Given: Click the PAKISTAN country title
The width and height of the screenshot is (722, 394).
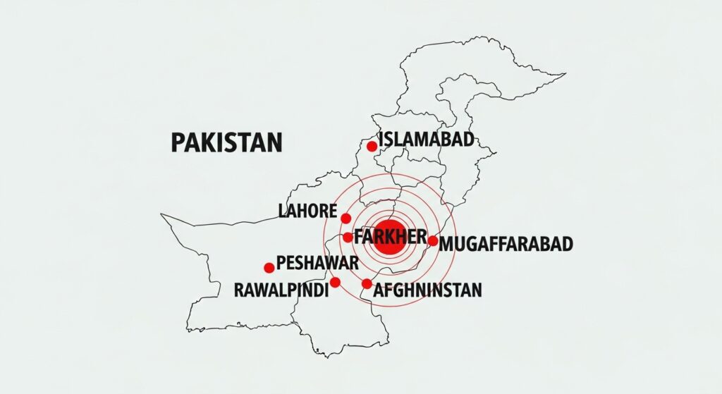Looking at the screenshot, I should [226, 142].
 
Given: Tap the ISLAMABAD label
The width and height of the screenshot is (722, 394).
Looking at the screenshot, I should [426, 140].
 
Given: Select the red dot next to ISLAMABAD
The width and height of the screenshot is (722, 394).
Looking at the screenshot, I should [372, 146].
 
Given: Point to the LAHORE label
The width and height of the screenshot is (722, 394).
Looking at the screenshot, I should [308, 211].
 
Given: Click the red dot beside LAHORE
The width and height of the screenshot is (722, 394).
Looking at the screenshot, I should [345, 218].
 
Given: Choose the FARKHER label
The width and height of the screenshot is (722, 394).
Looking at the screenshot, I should [391, 236].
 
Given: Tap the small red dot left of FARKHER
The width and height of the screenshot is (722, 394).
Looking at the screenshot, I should [348, 237].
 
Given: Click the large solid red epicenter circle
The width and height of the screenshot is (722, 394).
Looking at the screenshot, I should [388, 241].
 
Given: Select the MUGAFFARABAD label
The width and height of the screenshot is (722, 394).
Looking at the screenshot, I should [506, 245].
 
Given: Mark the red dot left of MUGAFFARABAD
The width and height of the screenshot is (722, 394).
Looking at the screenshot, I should [432, 241].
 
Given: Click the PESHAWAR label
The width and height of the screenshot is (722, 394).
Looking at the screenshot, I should [317, 264].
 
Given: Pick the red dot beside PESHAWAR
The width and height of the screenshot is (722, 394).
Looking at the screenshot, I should [269, 268].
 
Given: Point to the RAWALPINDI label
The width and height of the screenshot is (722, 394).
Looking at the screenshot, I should [281, 290].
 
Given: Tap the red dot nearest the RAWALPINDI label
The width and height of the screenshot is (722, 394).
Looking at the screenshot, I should [335, 282].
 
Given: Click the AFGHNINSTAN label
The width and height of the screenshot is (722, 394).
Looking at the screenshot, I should [428, 290].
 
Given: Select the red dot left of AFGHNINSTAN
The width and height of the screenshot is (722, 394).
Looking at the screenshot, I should [367, 284].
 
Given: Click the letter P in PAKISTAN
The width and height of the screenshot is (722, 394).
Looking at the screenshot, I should [178, 142].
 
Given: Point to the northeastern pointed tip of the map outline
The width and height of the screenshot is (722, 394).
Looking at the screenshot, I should [565, 73].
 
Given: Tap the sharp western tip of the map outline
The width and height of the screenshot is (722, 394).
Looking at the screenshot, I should [161, 215].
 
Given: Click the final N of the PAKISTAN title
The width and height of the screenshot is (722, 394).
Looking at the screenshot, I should [274, 142].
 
